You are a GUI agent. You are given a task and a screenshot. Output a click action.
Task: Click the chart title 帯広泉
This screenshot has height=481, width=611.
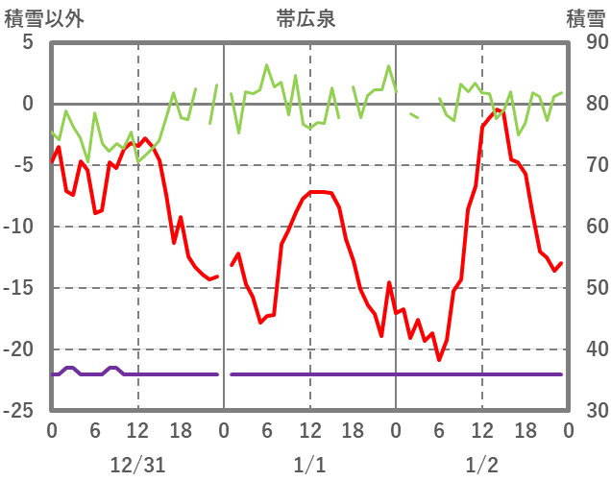tap(305, 18)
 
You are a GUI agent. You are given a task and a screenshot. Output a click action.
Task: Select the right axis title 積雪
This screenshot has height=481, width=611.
tap(585, 18)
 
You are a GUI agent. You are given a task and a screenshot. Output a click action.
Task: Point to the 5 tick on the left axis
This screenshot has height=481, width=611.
tap(27, 43)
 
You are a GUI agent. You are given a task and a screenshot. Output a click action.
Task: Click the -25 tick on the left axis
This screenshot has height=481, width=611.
tap(20, 411)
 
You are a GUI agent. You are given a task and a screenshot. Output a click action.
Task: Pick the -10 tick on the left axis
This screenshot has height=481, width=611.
tap(20, 227)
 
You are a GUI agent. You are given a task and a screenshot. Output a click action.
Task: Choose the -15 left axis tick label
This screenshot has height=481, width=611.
tap(20, 288)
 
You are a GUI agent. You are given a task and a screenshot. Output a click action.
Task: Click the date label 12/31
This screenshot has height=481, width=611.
tap(137, 465)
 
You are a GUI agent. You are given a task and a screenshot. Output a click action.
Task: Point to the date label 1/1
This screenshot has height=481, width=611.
tap(309, 465)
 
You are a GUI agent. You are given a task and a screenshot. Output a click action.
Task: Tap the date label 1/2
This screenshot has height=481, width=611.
tap(481, 465)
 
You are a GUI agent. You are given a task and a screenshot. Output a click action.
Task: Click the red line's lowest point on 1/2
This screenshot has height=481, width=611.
tap(439, 360)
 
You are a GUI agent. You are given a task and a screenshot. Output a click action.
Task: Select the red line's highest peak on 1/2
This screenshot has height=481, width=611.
tap(498, 110)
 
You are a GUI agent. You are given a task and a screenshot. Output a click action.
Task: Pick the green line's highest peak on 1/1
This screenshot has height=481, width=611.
tap(267, 65)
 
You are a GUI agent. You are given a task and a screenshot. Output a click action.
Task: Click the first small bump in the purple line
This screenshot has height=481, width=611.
tap(69, 368)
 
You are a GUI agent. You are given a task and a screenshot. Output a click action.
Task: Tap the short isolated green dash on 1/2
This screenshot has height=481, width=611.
tap(413, 115)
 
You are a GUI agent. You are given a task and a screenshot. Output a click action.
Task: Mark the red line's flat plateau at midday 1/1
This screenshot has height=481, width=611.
tap(320, 192)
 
